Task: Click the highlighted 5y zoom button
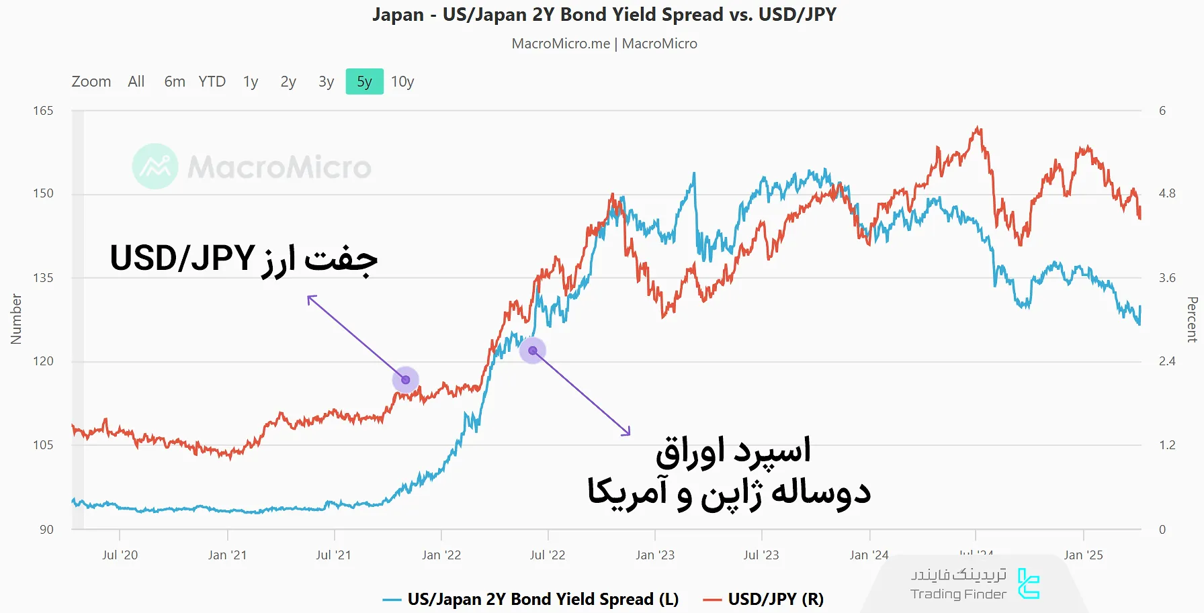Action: (x=364, y=82)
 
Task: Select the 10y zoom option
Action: (x=402, y=82)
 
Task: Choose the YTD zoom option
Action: (x=212, y=82)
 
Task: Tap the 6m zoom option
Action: (x=175, y=82)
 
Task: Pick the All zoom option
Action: (x=136, y=82)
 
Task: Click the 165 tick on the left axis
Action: (x=43, y=111)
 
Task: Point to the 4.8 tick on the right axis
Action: (x=1167, y=193)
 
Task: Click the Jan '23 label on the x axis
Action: (x=654, y=555)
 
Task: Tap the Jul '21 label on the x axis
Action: (x=333, y=555)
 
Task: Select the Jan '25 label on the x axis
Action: (x=1083, y=555)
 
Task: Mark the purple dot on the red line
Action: (x=406, y=380)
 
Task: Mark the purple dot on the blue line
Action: (x=533, y=350)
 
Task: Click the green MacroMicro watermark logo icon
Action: (x=155, y=167)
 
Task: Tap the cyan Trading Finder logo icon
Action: (x=1028, y=583)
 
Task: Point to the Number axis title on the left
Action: (x=16, y=319)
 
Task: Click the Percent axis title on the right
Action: (x=1192, y=319)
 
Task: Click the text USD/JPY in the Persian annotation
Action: (x=182, y=258)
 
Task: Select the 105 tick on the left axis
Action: (x=43, y=445)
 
